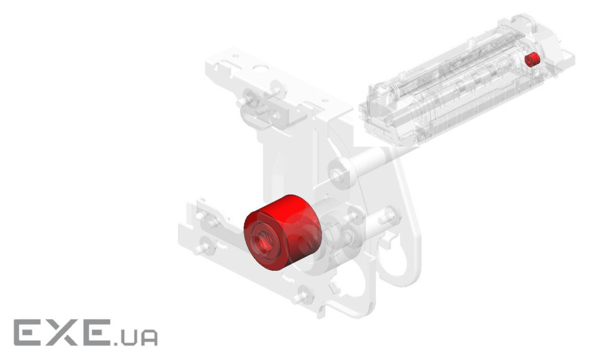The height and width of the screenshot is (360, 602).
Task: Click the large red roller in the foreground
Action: (282, 232)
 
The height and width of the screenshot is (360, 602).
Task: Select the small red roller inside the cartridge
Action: (532, 59)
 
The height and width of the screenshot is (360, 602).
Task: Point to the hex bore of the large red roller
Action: (263, 242)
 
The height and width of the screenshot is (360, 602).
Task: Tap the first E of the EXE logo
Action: (29, 332)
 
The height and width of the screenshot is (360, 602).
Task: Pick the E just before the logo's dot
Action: (96, 332)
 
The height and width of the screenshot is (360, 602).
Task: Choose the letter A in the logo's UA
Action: (148, 338)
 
